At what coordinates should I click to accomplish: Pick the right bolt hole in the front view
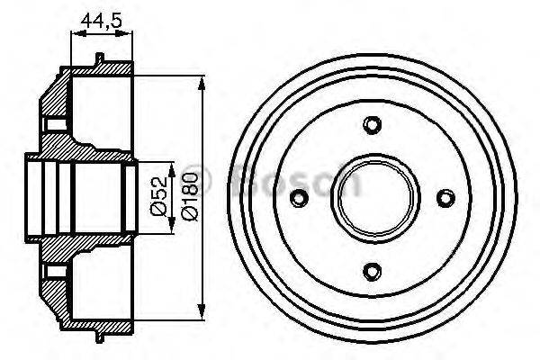(x=442, y=197)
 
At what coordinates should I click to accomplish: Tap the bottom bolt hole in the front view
(x=372, y=269)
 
